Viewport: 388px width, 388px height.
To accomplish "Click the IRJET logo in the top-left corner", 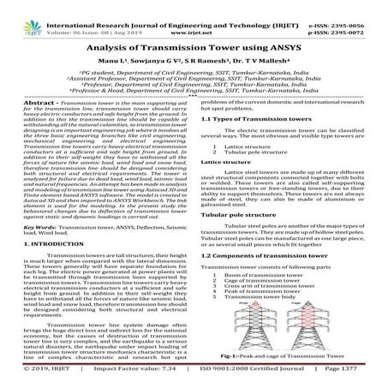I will pyautogui.click(x=18, y=12).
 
